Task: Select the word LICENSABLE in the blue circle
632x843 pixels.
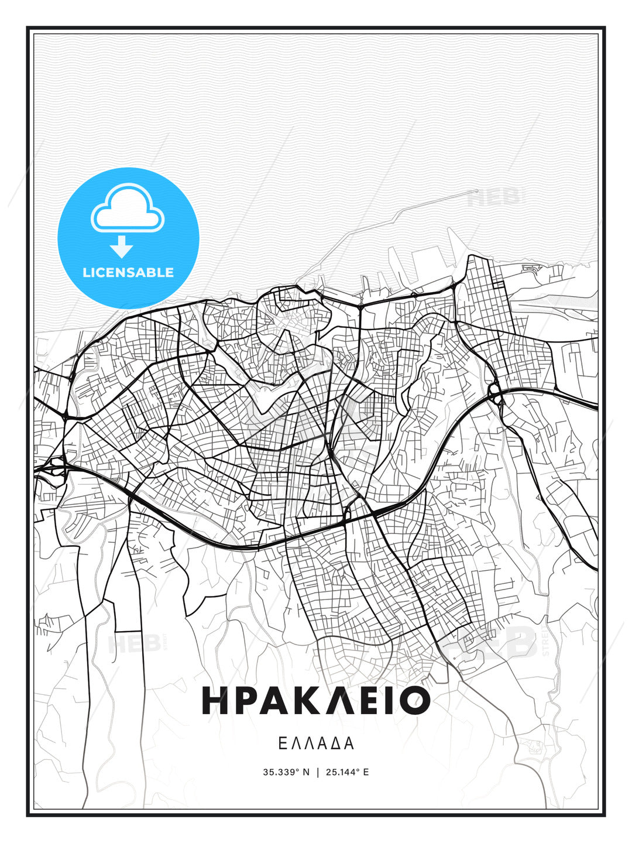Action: click(128, 272)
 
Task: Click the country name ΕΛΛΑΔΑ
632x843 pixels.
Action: click(316, 743)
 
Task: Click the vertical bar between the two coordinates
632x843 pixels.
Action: click(317, 772)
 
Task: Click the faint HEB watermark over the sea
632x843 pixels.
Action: click(495, 198)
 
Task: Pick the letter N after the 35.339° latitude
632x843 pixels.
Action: click(305, 772)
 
